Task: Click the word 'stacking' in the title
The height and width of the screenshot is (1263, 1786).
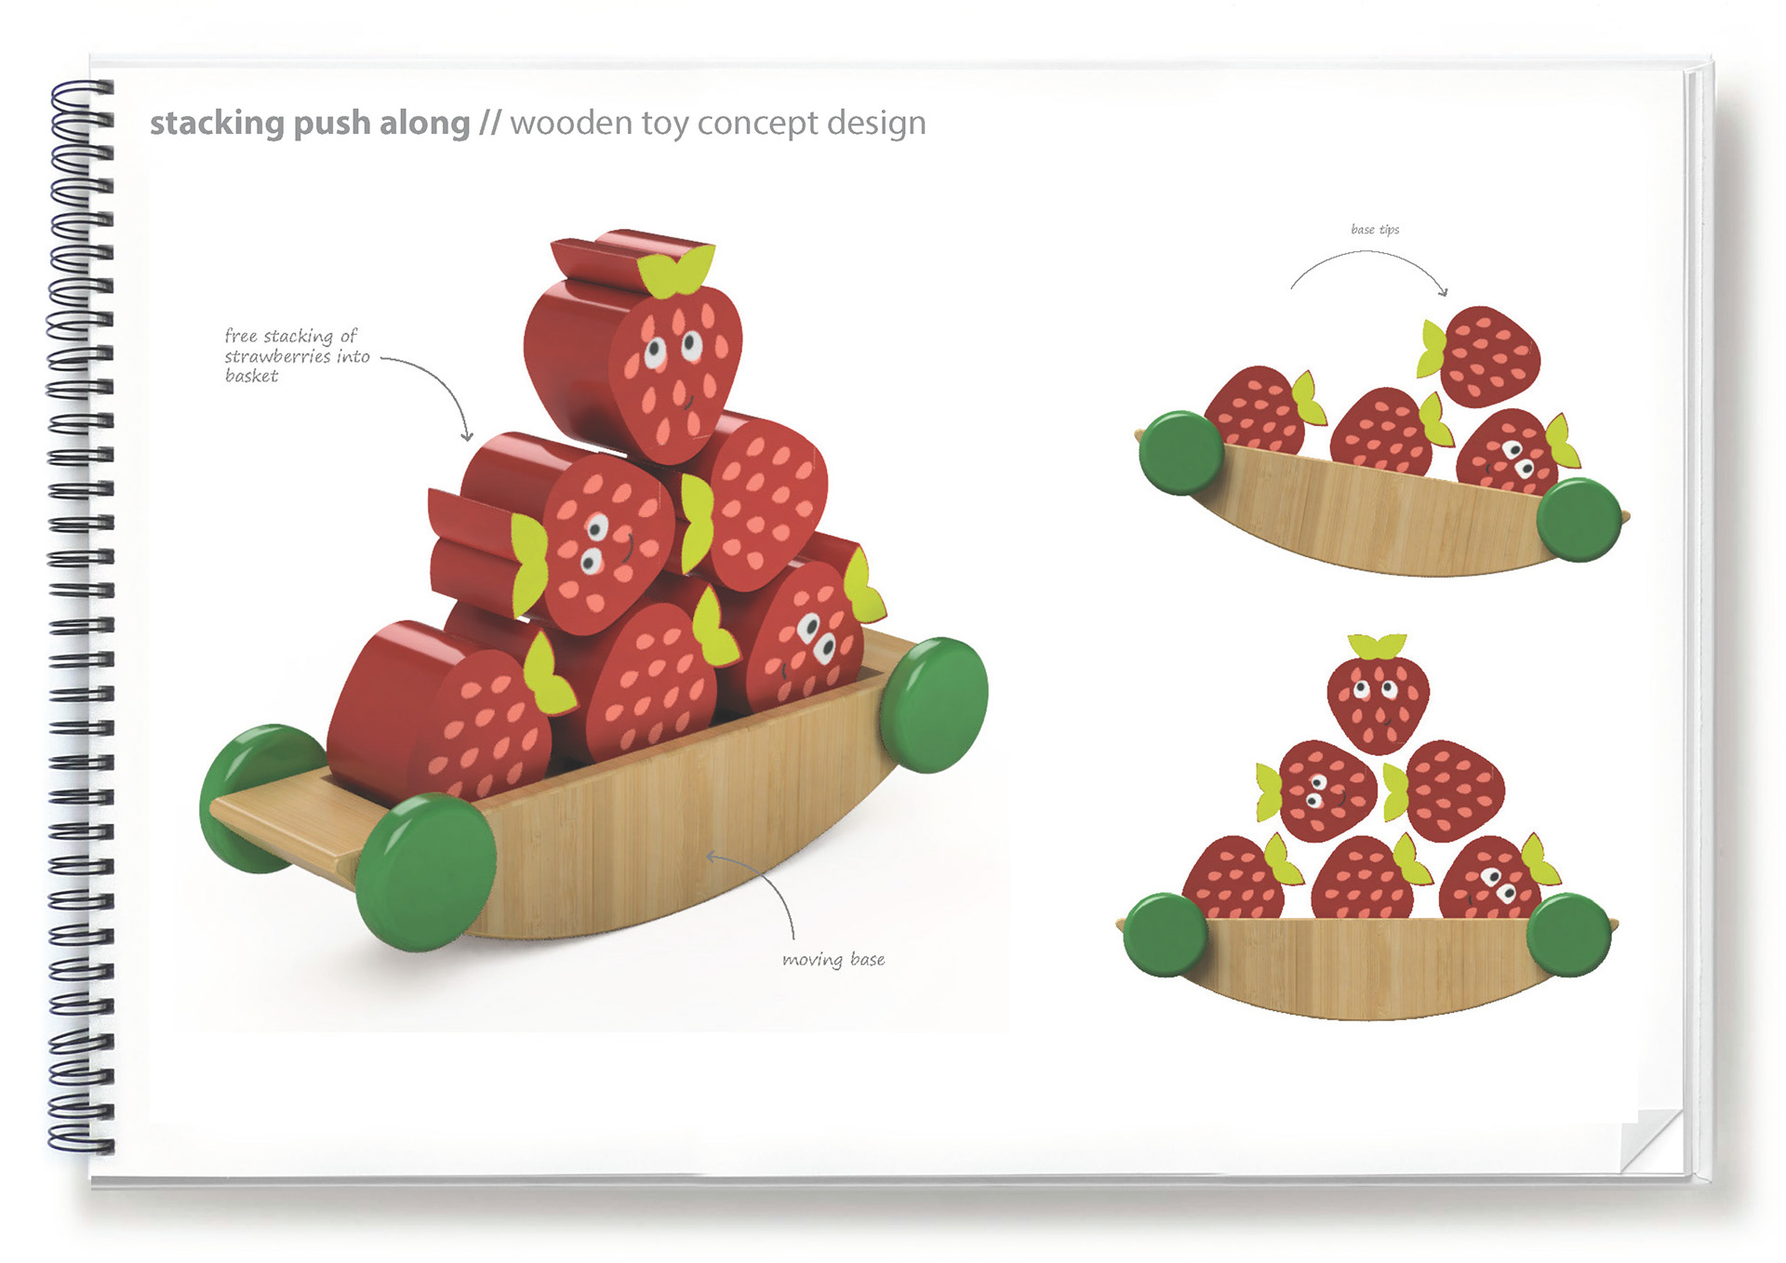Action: click(217, 124)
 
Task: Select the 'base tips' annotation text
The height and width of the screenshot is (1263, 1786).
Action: click(1374, 229)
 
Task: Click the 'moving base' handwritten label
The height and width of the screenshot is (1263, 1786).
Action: click(833, 959)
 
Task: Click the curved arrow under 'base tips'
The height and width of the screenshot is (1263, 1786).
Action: click(1367, 265)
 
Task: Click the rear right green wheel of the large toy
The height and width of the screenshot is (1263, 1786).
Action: click(933, 704)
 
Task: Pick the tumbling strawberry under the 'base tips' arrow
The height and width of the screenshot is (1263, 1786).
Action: click(1484, 356)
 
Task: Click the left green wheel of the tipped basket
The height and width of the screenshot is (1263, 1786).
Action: click(1180, 452)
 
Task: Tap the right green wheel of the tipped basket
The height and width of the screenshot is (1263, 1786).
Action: click(1579, 519)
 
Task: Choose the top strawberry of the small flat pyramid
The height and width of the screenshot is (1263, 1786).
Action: click(1377, 698)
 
